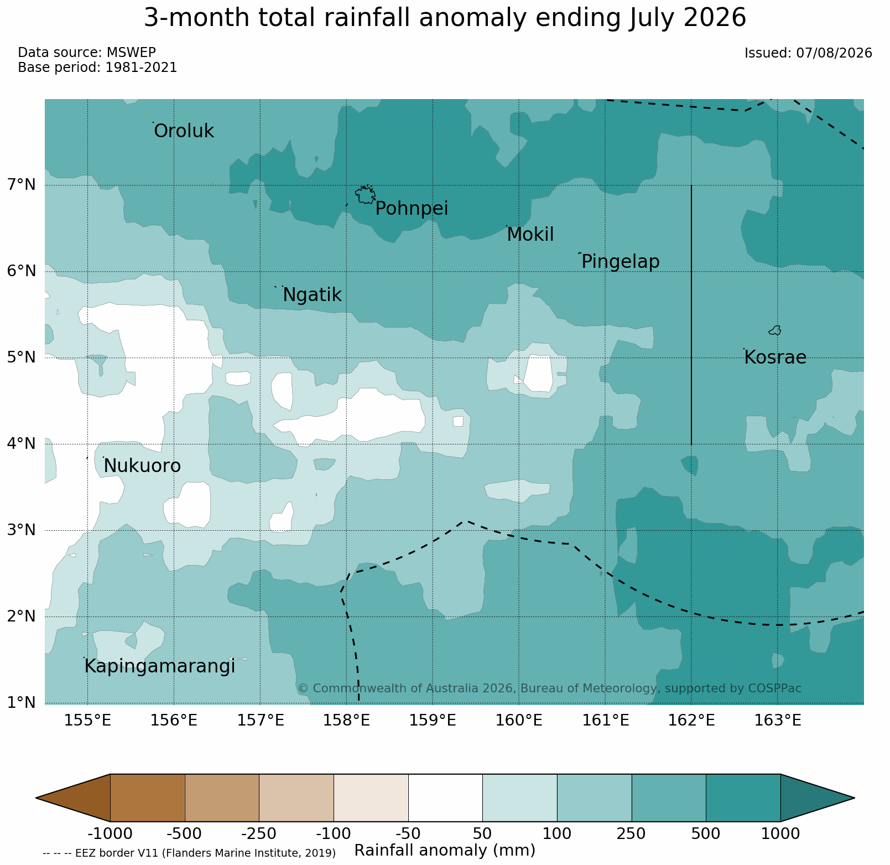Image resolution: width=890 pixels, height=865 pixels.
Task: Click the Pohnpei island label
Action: click(412, 209)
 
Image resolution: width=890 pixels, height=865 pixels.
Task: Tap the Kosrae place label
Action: click(775, 358)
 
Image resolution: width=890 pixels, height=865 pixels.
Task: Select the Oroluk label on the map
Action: click(184, 131)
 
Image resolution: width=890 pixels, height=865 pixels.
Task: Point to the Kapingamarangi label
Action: click(160, 667)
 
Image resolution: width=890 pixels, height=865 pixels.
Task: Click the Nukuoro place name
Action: click(142, 466)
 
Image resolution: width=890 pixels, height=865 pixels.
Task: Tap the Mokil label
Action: click(530, 235)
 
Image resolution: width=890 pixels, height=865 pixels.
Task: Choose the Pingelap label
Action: click(621, 262)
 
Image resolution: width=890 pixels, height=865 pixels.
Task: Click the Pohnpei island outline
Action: click(365, 194)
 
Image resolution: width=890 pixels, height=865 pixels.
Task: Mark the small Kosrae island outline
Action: click(775, 330)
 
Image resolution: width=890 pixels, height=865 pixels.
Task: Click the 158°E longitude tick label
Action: click(347, 721)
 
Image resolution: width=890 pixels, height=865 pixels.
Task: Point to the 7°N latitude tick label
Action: click(22, 184)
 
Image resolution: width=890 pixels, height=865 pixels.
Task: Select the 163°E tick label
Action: click(778, 721)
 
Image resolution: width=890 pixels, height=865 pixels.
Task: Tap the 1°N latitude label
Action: click(22, 703)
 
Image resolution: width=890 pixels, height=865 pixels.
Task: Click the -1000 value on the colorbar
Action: click(110, 833)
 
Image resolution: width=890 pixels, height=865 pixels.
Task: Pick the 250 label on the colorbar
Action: click(632, 833)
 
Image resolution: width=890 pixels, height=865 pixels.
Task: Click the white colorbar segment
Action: click(445, 797)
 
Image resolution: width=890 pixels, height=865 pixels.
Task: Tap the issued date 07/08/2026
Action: click(834, 53)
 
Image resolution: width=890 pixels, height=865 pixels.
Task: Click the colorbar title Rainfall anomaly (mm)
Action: click(445, 851)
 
